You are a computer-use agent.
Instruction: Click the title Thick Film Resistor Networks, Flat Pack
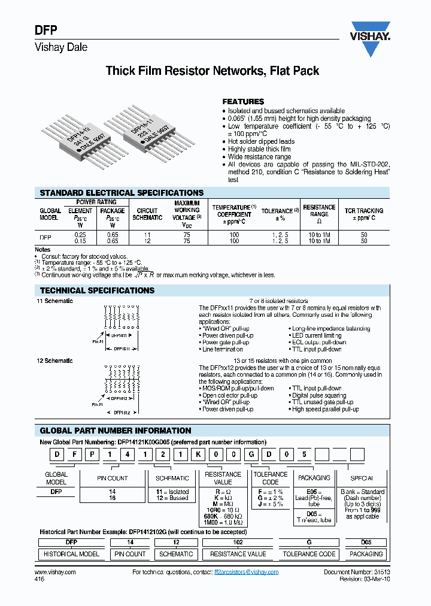point(213,71)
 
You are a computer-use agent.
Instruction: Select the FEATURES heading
point(243,102)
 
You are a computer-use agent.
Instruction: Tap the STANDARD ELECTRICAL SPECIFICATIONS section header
point(122,193)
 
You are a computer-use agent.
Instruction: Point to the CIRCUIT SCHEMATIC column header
point(147,214)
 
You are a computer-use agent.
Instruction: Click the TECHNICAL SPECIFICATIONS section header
point(97,290)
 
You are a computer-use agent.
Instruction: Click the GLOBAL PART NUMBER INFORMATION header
point(116,431)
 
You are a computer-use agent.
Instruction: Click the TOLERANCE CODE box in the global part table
point(271,478)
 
